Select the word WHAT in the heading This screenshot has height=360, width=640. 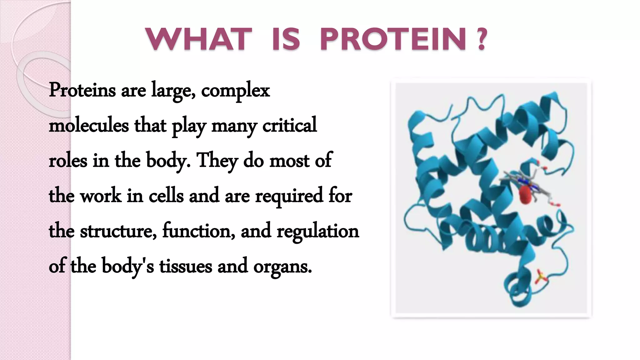199,40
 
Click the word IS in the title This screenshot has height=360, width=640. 286,40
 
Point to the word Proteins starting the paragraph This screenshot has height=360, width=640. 82,91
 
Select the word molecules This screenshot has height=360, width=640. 89,125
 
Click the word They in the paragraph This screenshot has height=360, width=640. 217,161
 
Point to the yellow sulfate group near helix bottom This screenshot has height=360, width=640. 540,277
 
